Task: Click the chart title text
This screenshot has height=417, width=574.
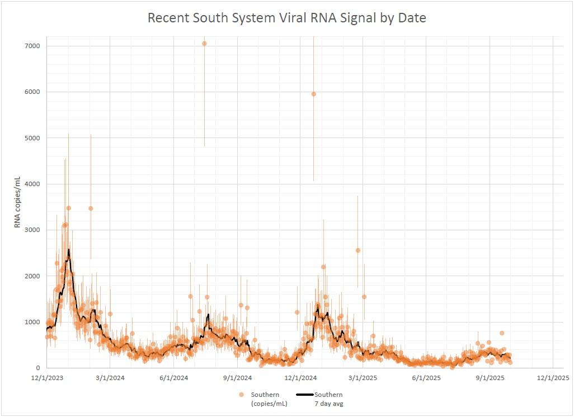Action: coord(286,18)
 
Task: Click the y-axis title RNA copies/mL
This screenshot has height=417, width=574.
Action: coord(17,202)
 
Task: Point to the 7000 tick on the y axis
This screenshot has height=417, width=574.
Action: coord(31,46)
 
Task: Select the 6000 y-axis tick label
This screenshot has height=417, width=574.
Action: coord(31,92)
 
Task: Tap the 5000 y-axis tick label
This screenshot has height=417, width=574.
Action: coord(31,138)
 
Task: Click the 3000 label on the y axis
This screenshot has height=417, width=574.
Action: coord(31,230)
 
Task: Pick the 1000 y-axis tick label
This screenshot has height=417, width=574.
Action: coord(31,322)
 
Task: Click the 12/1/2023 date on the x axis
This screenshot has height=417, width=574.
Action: coord(47,378)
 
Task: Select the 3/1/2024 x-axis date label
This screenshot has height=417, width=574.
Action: coord(110,378)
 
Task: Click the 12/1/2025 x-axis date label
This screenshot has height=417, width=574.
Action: coord(553,378)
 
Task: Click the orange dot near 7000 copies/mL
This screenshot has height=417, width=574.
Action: coord(204,44)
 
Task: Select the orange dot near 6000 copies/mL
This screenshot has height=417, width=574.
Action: coord(313,94)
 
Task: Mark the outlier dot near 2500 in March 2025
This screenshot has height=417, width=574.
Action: coord(358,250)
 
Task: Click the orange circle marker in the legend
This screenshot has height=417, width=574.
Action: coord(242,395)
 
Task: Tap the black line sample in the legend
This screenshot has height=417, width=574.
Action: coord(304,395)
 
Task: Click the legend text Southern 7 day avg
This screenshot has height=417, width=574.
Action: coord(328,399)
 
